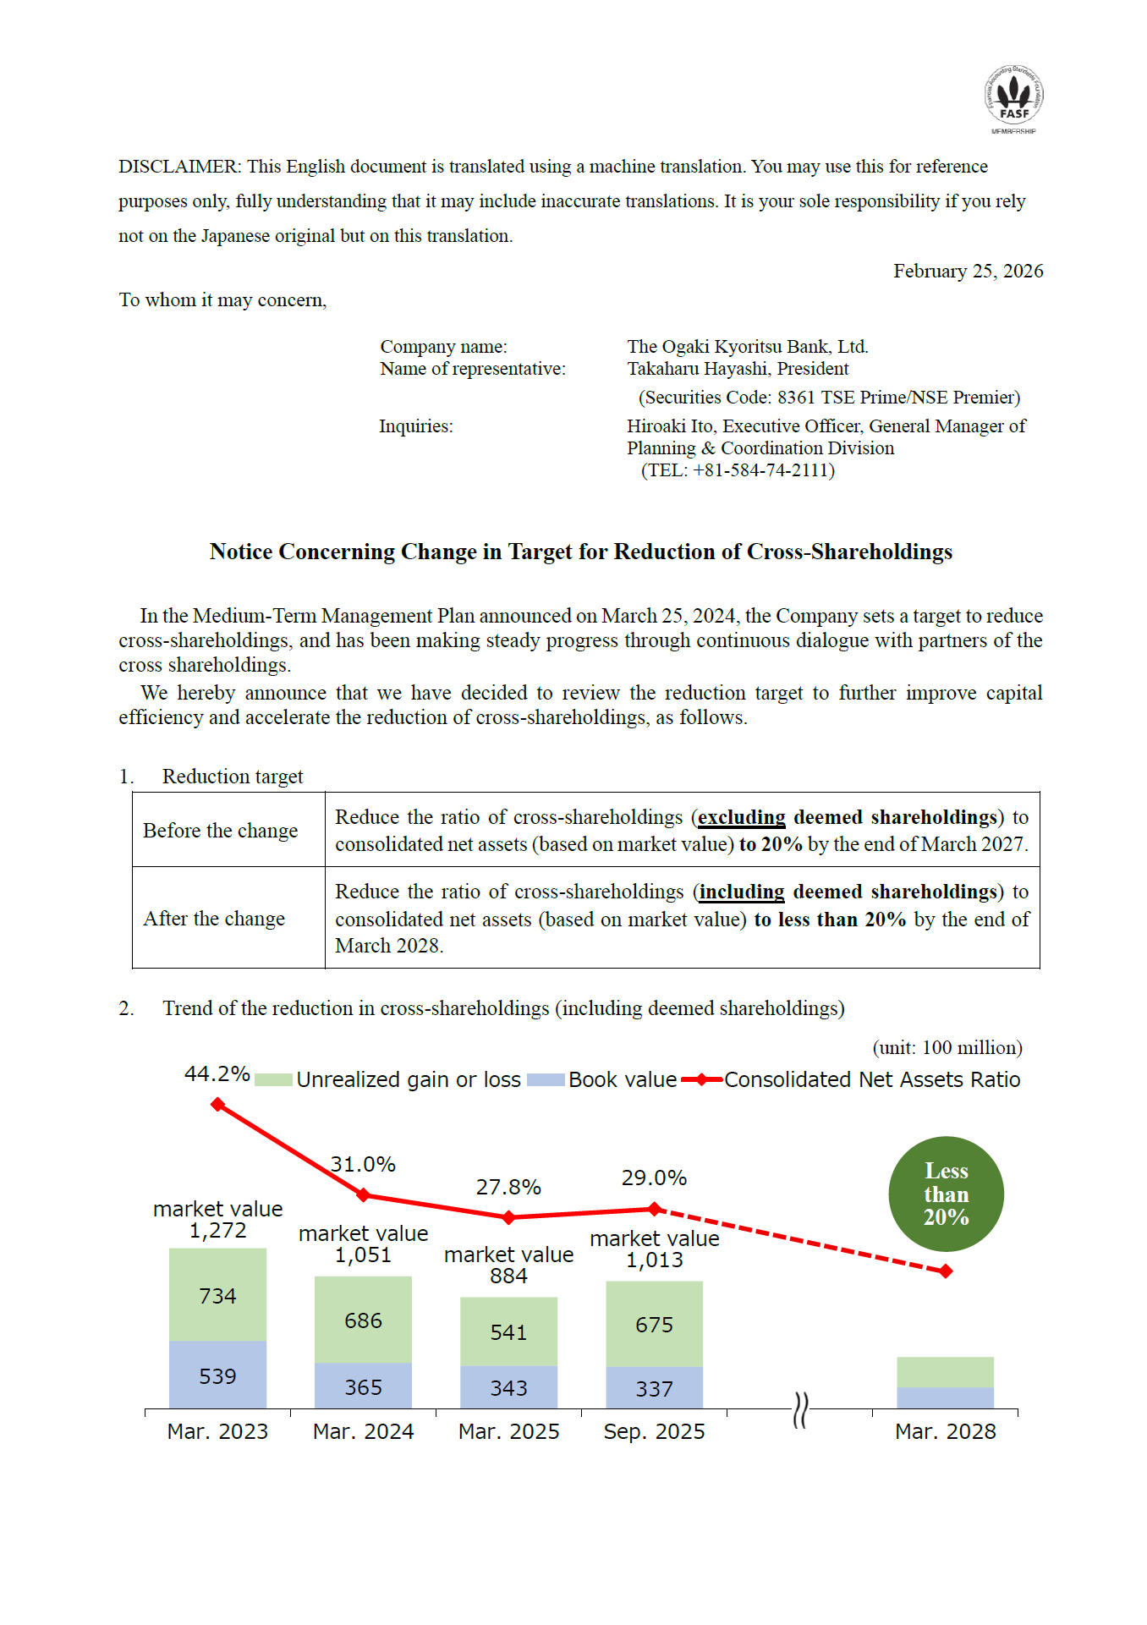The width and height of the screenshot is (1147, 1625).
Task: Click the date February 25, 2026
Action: [968, 272]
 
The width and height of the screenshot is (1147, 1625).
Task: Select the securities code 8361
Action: [795, 398]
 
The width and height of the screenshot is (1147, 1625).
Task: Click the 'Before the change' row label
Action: [221, 831]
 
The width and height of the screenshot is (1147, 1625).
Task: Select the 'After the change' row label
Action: [214, 919]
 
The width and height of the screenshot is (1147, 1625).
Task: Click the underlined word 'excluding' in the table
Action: [742, 817]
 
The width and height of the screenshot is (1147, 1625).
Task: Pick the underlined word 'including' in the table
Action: [742, 892]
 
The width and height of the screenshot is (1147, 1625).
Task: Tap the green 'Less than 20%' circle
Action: [946, 1194]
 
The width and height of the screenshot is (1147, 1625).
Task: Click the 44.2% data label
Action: [217, 1074]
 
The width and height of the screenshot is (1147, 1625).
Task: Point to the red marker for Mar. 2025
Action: [508, 1217]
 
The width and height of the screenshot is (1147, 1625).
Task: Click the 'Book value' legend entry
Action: [622, 1080]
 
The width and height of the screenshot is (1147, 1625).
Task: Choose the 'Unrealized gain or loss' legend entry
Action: [408, 1080]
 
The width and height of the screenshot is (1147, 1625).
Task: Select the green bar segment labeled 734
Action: [217, 1295]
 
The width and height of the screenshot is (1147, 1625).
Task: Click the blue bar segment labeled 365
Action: [363, 1387]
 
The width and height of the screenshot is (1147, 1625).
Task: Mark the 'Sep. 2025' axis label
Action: [654, 1432]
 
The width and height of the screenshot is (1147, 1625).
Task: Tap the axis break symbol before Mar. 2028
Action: [800, 1410]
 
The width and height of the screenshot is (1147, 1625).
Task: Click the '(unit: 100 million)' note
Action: [947, 1048]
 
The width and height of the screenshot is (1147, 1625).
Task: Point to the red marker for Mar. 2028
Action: [946, 1271]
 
